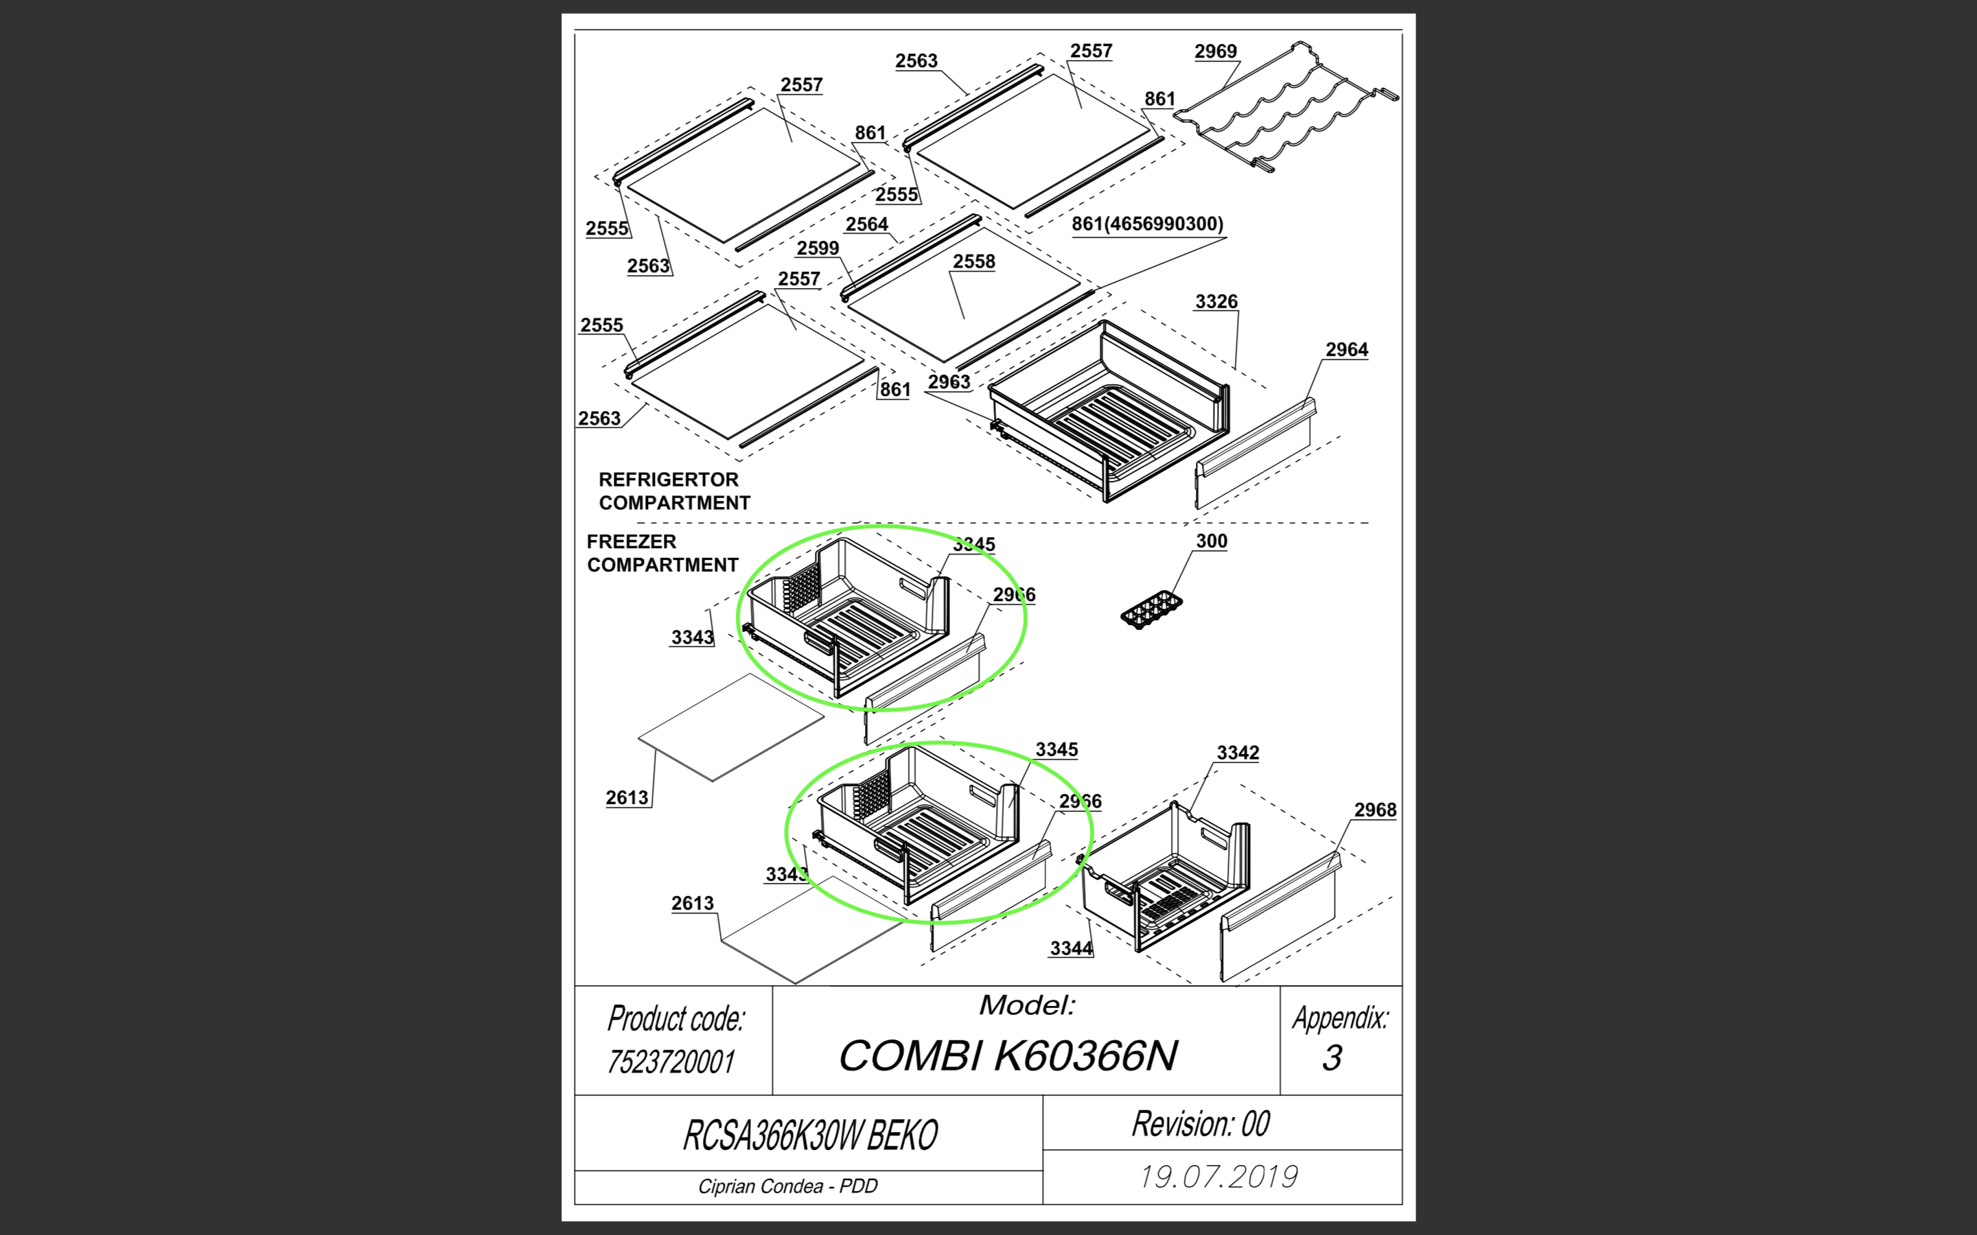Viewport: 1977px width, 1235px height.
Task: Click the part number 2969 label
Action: (1216, 51)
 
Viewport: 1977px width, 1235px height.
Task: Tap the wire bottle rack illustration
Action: (1286, 107)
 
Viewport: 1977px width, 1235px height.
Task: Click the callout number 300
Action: (1212, 541)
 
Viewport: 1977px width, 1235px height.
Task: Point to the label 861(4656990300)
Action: (1147, 224)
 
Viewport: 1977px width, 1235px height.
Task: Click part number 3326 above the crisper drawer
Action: (1216, 301)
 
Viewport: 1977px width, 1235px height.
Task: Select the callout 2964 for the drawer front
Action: (1346, 350)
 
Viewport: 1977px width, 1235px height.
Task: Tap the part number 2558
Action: (974, 261)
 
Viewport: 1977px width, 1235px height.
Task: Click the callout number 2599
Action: (818, 248)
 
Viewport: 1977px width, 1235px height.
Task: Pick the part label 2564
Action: (867, 224)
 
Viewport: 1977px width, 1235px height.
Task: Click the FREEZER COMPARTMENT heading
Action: (662, 553)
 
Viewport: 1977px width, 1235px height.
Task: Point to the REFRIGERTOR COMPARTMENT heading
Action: (674, 491)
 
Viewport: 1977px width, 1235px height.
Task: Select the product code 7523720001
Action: (671, 1062)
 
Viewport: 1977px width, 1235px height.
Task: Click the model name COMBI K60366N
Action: (1008, 1055)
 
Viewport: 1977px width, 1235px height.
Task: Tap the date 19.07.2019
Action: (1219, 1177)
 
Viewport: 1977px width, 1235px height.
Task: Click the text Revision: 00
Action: (1200, 1124)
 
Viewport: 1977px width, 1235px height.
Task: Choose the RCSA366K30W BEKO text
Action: (809, 1136)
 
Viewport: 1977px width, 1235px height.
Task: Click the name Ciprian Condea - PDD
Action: (787, 1186)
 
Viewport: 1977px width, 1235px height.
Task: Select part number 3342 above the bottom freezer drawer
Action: (1238, 753)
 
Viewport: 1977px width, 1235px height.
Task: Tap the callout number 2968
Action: (1375, 810)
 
